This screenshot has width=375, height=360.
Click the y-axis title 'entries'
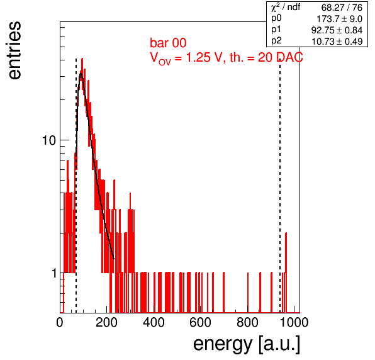click(15, 50)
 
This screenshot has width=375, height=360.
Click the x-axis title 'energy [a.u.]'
click(247, 344)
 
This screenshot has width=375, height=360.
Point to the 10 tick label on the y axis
click(49, 140)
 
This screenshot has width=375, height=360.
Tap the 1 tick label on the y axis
click(54, 273)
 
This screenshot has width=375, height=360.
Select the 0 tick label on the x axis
click(60, 322)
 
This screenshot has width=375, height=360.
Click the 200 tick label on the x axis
click(107, 322)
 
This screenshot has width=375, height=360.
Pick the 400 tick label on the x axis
click(154, 322)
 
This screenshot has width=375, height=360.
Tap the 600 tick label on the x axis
click(201, 322)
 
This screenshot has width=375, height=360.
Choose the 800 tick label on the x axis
click(247, 322)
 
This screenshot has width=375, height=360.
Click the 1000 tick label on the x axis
click(294, 322)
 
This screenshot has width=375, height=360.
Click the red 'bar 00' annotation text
click(168, 43)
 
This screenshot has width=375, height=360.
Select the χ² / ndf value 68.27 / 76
click(342, 8)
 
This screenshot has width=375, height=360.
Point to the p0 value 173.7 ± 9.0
click(340, 19)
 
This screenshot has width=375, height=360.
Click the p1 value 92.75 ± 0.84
click(337, 30)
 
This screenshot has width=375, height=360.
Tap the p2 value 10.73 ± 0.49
click(337, 42)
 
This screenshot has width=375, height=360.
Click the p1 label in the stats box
click(276, 30)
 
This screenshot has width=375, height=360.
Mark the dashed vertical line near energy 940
click(280, 186)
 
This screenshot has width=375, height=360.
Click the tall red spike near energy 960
click(286, 273)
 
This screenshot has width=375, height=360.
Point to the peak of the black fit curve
click(81, 73)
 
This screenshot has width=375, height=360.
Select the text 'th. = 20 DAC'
click(266, 57)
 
